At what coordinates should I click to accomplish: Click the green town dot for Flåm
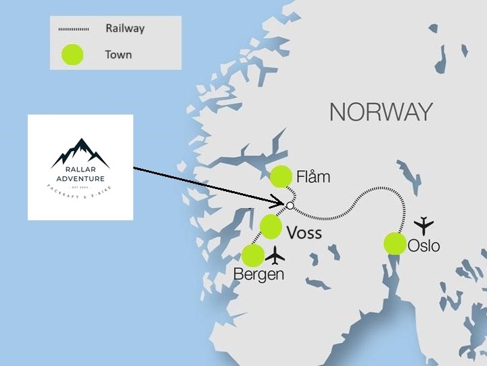point(280,177)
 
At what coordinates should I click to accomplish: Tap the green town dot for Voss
point(271,226)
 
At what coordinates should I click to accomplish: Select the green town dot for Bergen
point(253,256)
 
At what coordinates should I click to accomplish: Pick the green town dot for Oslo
point(394,243)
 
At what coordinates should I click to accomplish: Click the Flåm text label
point(313,178)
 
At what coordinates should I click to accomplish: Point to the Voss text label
point(304,234)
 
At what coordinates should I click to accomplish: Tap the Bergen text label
point(258,274)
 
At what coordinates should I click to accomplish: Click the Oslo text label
point(424,245)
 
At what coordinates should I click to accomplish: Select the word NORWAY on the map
point(381,112)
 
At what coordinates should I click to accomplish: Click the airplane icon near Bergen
point(275,255)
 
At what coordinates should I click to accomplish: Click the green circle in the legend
point(72,54)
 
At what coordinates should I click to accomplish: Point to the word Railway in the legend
point(124,29)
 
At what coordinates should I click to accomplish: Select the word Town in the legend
point(118,54)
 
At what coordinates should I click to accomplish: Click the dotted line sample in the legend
point(72,29)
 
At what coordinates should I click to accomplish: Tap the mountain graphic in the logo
point(80,152)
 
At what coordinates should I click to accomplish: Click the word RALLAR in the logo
point(80,171)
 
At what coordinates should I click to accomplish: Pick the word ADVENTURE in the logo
point(80,179)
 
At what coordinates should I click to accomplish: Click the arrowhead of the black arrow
point(282,201)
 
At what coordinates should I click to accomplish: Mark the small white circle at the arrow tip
point(289,205)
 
